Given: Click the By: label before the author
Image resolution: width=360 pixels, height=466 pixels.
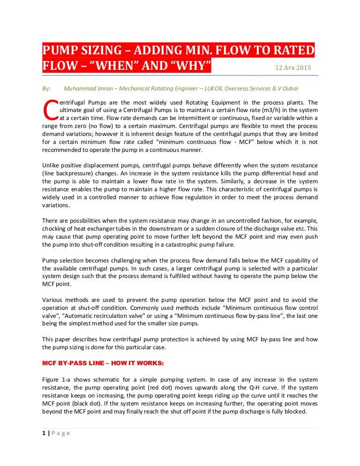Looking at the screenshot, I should tap(46, 88).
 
